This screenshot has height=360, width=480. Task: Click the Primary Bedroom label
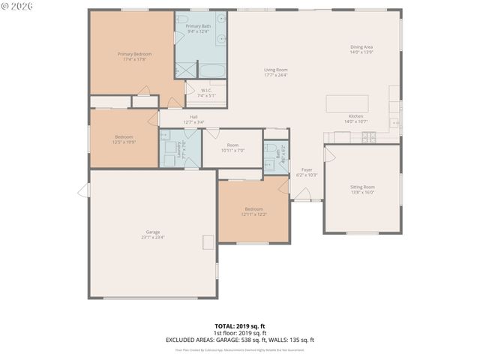(134, 54)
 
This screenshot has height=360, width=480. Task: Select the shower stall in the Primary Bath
(184, 70)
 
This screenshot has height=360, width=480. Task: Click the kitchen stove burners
(369, 136)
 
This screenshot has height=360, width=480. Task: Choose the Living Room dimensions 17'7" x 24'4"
(276, 75)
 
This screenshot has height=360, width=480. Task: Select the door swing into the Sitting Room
(330, 153)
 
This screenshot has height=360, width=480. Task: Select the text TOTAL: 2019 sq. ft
(239, 327)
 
